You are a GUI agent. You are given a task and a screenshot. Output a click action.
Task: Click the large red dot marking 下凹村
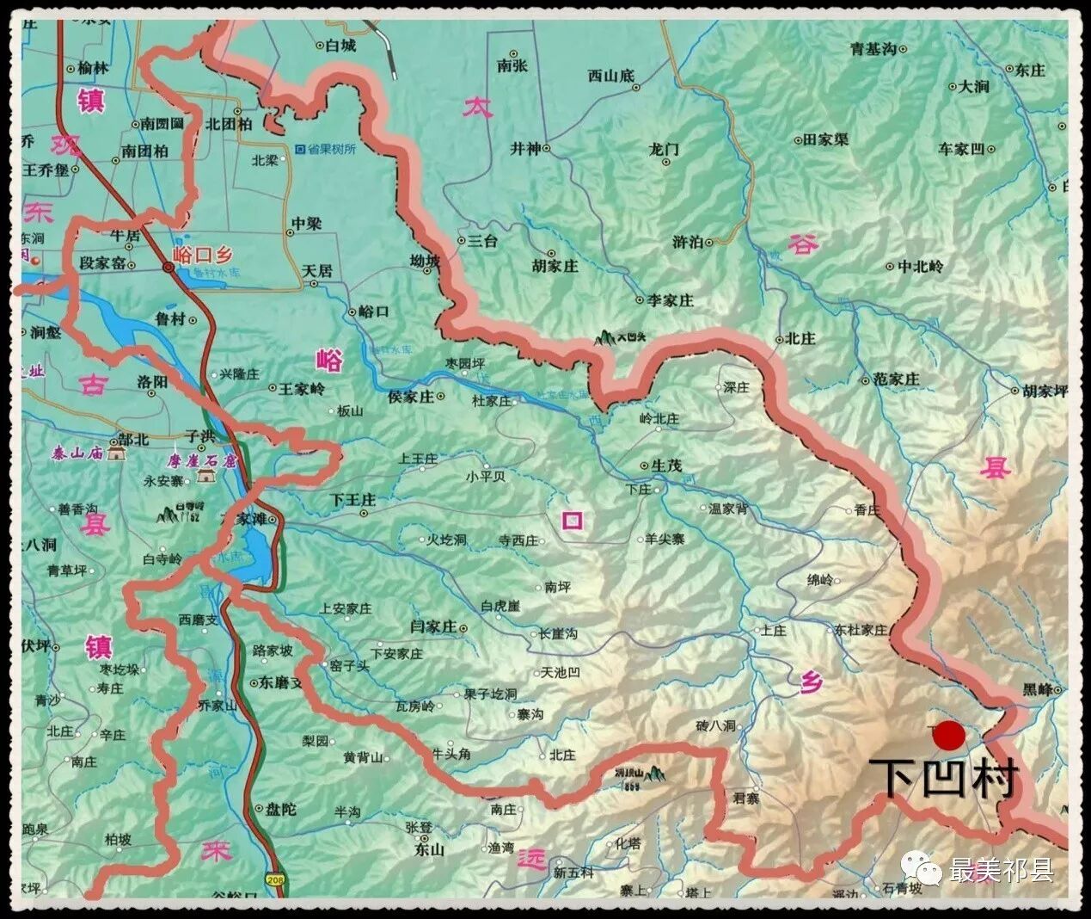949,737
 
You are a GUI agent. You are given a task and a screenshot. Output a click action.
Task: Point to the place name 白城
340,46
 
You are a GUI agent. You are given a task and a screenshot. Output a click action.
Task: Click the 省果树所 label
331,149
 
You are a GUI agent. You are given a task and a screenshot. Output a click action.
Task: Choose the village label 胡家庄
555,266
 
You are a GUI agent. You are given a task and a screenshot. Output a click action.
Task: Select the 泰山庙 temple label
77,453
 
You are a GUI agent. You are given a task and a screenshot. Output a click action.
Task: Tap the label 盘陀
281,809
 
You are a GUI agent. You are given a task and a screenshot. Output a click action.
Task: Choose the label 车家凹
961,149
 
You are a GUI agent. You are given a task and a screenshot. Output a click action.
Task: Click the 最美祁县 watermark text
1001,871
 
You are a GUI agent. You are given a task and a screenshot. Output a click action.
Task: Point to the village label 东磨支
282,683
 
